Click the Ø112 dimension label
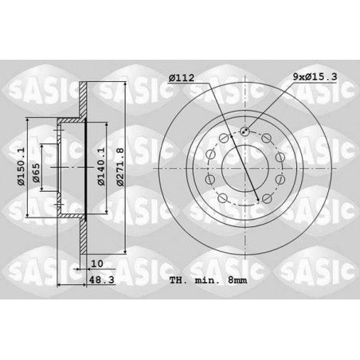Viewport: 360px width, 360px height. coord(182,78)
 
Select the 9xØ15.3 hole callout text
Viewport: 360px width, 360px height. coord(315,76)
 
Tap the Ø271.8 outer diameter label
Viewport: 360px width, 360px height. coord(120,167)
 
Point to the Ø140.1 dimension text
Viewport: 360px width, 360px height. coord(101,166)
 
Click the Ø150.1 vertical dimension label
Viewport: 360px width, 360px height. coord(21,166)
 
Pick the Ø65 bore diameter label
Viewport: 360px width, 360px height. coord(36,173)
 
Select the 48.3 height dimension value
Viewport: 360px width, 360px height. coord(101,280)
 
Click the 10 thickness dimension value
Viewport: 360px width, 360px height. coord(96,264)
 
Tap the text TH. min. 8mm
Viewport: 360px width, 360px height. coord(208,280)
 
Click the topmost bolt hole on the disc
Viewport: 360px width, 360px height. coord(245,131)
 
